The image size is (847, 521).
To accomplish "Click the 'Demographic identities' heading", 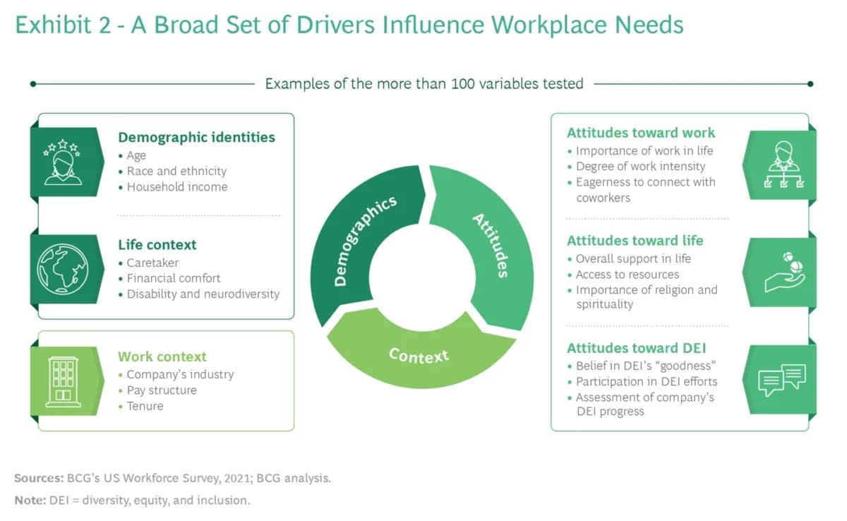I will point(196,138).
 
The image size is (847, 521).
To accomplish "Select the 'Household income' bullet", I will point(176,187).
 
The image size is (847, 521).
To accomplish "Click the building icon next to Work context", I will point(63,381).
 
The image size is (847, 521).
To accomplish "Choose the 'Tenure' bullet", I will point(145,406).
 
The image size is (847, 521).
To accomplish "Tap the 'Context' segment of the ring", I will point(419,353).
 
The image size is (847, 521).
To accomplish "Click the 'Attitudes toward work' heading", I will point(641,133).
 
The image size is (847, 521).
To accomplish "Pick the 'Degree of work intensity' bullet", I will point(640,167).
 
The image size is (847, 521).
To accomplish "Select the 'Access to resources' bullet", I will point(627,275).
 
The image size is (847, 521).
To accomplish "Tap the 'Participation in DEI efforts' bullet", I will point(646,382).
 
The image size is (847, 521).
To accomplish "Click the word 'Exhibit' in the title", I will point(53,25).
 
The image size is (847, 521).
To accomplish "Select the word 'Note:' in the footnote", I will point(30,501).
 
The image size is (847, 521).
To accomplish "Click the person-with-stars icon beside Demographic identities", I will point(63,162).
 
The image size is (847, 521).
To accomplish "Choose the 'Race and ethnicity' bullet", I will point(176,171).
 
